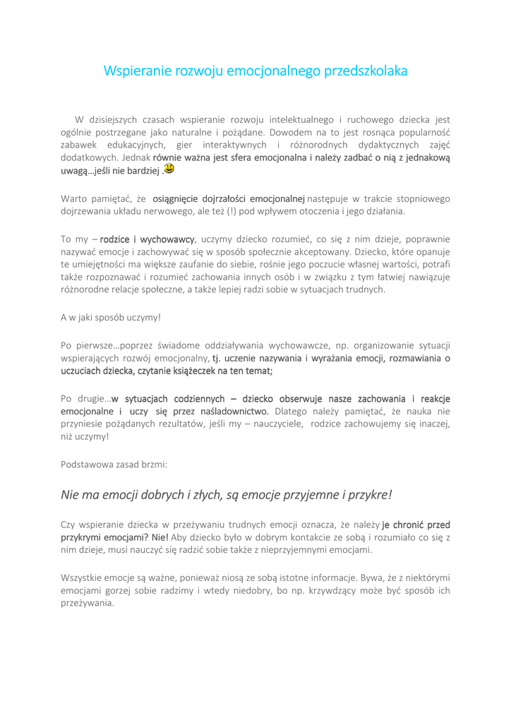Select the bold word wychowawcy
pos(167,239)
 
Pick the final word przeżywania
pos(87,603)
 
